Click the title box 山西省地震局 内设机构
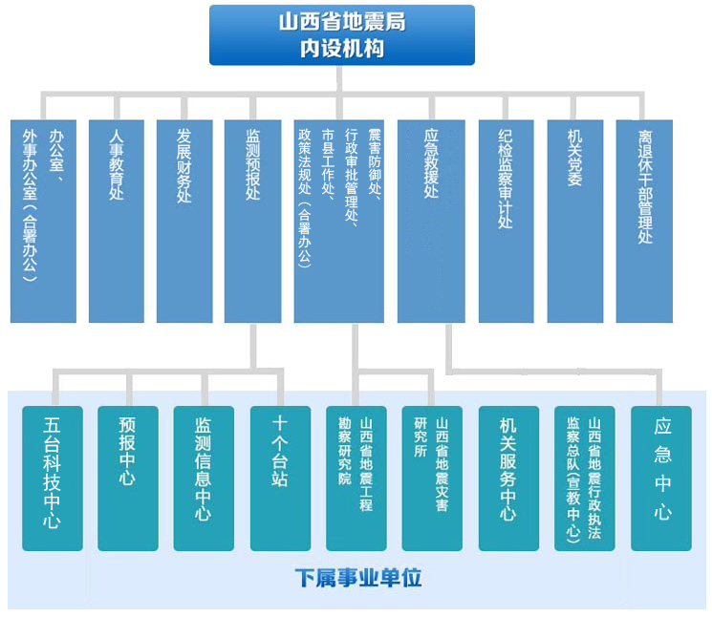click(x=341, y=35)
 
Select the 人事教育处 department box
click(x=116, y=221)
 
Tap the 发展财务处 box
click(x=184, y=221)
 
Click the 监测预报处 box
click(x=253, y=221)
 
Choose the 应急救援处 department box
click(x=431, y=221)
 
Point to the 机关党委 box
click(x=575, y=221)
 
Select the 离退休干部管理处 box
click(x=644, y=221)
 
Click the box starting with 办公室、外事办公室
click(x=43, y=221)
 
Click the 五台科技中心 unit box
click(x=53, y=478)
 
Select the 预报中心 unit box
click(x=128, y=478)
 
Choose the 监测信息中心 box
click(x=204, y=478)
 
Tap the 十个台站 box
click(x=280, y=478)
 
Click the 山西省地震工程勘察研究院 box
click(x=356, y=478)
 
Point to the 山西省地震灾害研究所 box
click(x=432, y=478)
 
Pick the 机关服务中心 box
click(x=508, y=478)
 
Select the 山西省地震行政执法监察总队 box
click(x=584, y=478)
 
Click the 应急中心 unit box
click(x=661, y=478)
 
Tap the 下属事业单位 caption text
click(x=357, y=578)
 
